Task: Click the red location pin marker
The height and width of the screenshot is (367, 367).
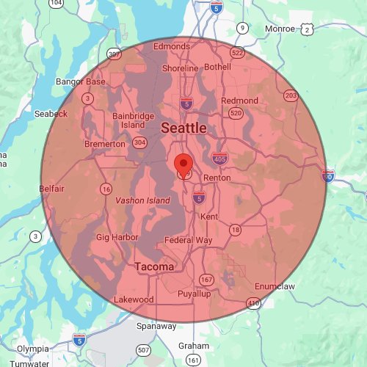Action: pyautogui.click(x=183, y=163)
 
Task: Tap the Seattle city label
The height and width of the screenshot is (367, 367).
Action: pyautogui.click(x=183, y=128)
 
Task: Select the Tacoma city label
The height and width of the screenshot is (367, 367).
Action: pyautogui.click(x=154, y=266)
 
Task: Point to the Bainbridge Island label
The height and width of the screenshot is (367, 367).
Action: pyautogui.click(x=134, y=120)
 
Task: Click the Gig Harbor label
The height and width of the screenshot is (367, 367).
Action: pyautogui.click(x=117, y=238)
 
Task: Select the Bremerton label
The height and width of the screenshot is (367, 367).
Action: pyautogui.click(x=105, y=144)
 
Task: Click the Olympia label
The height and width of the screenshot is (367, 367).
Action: pyautogui.click(x=32, y=349)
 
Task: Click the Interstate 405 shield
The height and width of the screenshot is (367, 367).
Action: pyautogui.click(x=219, y=158)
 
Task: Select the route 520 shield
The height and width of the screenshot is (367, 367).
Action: pyautogui.click(x=235, y=113)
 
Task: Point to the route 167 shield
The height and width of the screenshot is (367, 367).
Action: pyautogui.click(x=207, y=280)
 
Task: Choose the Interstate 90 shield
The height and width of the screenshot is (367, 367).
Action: pyautogui.click(x=327, y=176)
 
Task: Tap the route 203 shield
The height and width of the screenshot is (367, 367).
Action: pyautogui.click(x=291, y=96)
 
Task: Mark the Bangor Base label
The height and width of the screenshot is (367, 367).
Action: pyautogui.click(x=85, y=81)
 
